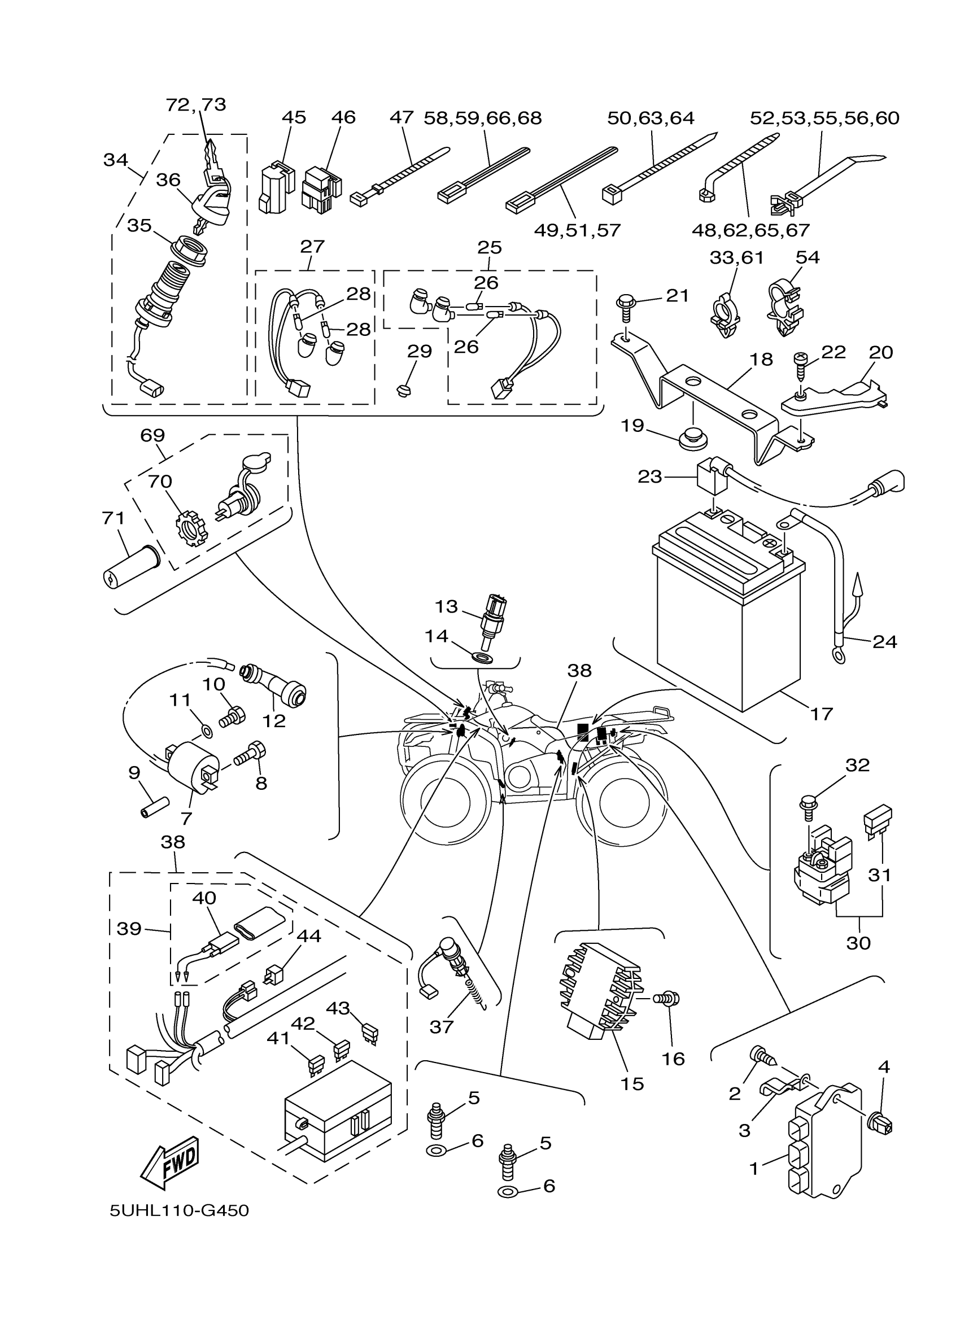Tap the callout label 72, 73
click(x=196, y=104)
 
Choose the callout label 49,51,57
click(x=577, y=230)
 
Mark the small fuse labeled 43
click(x=369, y=1033)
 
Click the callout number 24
click(x=884, y=641)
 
